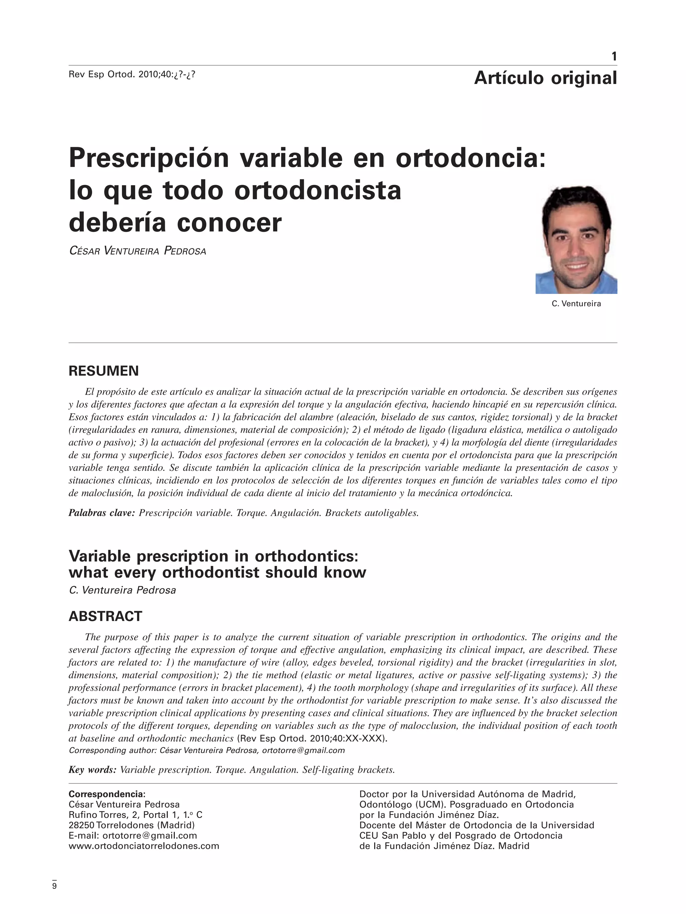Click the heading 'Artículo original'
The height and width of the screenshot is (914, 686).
click(x=545, y=78)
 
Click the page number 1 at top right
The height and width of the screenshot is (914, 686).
click(x=614, y=56)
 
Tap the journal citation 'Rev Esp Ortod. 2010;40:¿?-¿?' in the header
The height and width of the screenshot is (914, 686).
click(x=132, y=75)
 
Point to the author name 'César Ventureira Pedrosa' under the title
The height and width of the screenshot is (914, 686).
click(x=137, y=251)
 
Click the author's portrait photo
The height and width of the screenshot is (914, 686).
click(x=576, y=240)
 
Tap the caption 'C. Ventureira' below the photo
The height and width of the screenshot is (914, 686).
click(x=576, y=304)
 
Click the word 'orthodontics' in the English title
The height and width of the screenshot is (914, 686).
click(x=306, y=556)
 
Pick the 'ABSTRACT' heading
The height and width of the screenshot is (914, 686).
click(x=105, y=616)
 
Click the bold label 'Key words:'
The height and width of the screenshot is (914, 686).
click(x=92, y=770)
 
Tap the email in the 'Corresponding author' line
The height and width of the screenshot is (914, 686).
click(x=303, y=750)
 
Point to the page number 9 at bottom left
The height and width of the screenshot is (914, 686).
click(x=54, y=886)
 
